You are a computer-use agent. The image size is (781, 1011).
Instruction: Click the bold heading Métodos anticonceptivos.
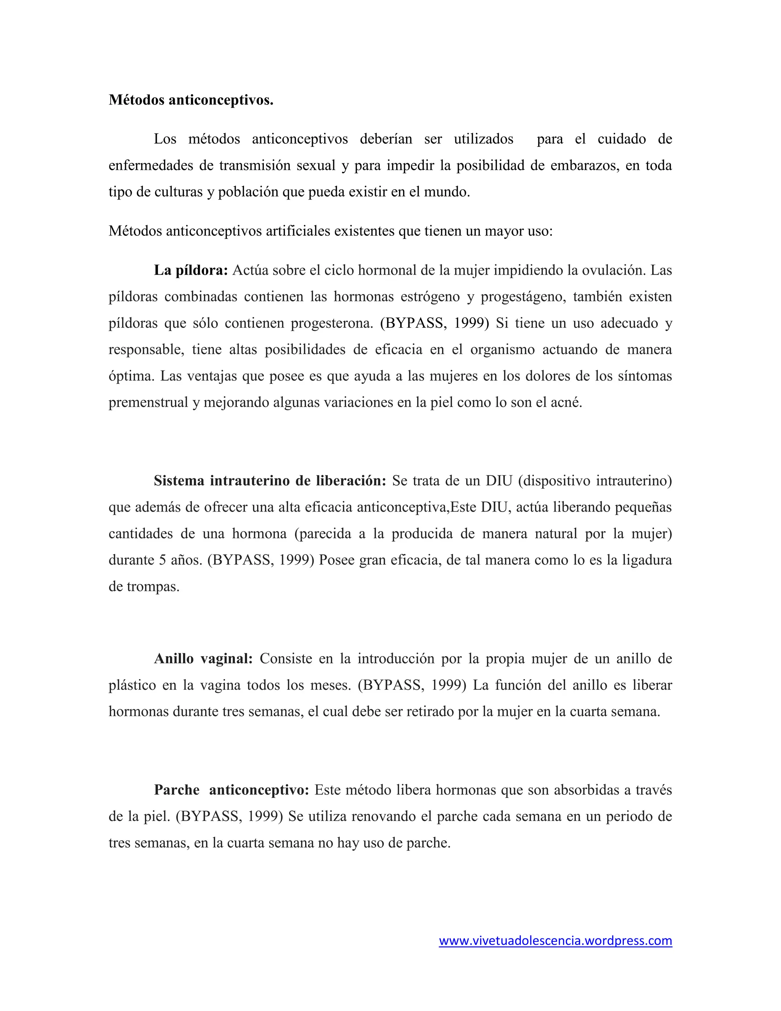point(191,100)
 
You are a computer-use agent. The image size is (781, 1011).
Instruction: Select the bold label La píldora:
point(191,270)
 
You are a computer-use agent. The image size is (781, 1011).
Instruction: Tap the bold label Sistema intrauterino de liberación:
point(270,481)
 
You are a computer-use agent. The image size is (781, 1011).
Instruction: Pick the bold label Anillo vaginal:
point(203,659)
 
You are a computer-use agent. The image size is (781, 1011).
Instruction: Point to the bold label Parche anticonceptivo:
point(231,790)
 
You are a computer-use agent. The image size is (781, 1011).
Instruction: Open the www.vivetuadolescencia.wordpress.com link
point(555,941)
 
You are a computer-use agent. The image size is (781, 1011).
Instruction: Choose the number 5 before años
point(162,560)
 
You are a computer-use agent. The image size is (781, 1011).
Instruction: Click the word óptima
point(131,376)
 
